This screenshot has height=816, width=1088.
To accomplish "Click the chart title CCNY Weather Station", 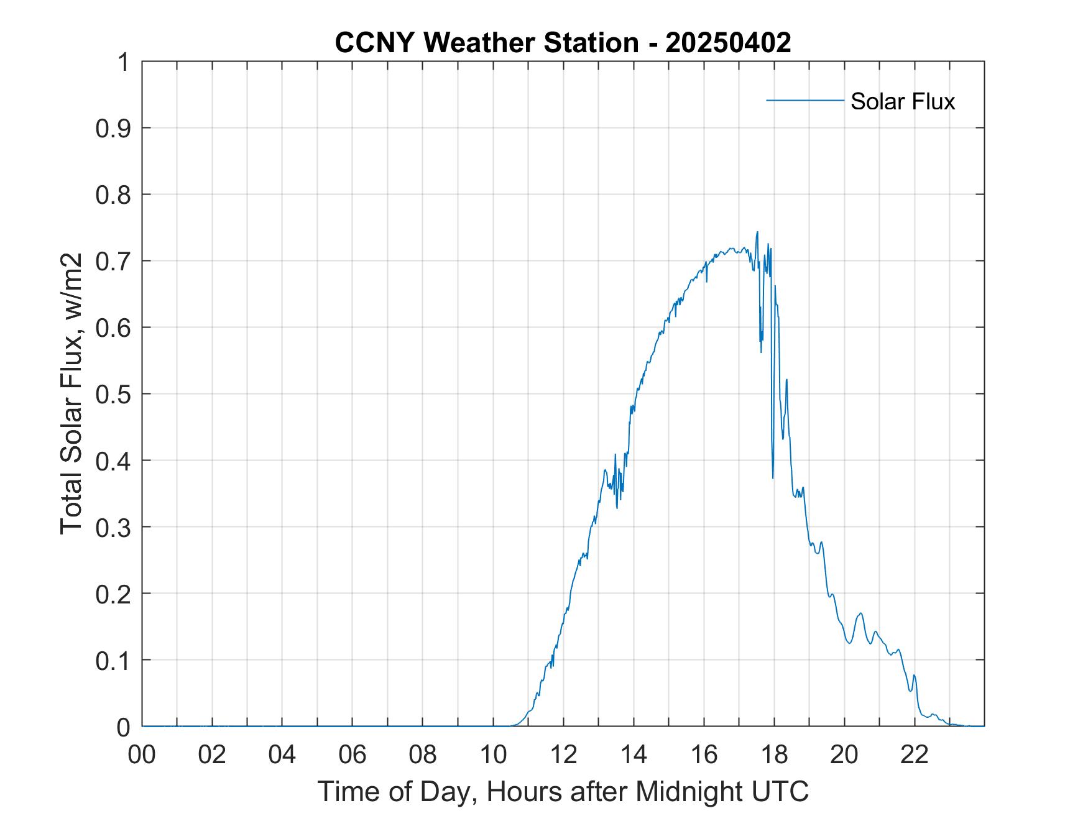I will click(x=486, y=43).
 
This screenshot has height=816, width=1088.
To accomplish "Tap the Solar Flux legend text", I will click(x=902, y=101).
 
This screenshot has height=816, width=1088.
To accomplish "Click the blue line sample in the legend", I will click(x=804, y=100).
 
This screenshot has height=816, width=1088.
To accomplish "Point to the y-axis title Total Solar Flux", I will click(x=71, y=393).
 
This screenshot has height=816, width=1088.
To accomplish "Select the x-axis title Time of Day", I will click(x=563, y=792).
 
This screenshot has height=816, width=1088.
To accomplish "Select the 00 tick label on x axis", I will click(x=142, y=754).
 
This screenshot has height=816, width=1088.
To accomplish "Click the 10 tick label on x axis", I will click(x=494, y=754).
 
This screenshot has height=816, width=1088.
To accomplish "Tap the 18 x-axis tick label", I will click(x=775, y=754).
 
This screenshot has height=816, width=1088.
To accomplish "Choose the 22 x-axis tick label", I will click(x=915, y=754).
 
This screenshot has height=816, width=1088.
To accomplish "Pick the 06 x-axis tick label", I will click(x=353, y=754).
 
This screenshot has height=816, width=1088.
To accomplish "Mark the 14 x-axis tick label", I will click(x=634, y=754).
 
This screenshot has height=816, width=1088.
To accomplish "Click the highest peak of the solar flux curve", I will click(x=757, y=232).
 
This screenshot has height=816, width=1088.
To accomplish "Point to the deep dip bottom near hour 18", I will click(x=773, y=478).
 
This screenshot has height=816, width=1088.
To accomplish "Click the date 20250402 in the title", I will click(x=728, y=43).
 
